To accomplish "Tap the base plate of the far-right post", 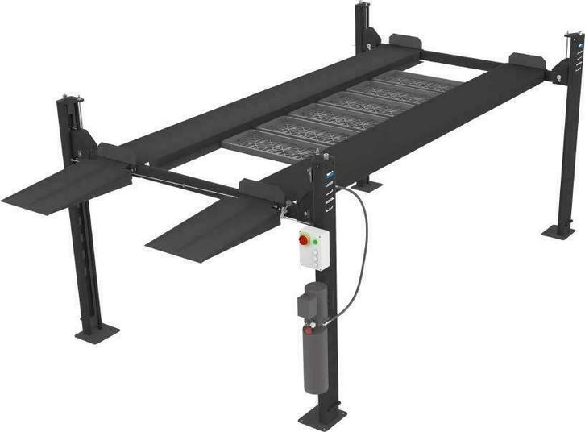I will pyautogui.click(x=558, y=231).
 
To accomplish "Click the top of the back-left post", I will pyautogui.click(x=363, y=8).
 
